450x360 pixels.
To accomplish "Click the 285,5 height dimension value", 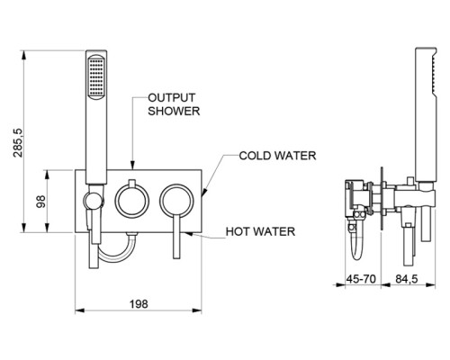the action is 18,142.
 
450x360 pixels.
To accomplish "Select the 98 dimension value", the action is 40,202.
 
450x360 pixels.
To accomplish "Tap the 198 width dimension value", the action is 139,304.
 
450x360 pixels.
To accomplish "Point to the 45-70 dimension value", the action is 361,279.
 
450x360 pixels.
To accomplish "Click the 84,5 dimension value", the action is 407,279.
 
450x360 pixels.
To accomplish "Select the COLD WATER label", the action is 277,156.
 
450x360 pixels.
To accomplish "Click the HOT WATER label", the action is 260,231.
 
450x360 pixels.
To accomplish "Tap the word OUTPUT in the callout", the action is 172,98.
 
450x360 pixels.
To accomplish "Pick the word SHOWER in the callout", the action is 174,111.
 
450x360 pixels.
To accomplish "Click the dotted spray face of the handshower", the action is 96,76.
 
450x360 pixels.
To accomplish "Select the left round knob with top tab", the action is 132,200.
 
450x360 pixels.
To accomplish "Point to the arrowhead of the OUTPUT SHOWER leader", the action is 132,166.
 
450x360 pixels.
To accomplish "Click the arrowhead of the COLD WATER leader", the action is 203,193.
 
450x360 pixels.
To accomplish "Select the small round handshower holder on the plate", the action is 94,201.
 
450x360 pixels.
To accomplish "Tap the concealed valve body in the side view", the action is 357,199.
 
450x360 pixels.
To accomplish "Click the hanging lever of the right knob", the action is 176,237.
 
